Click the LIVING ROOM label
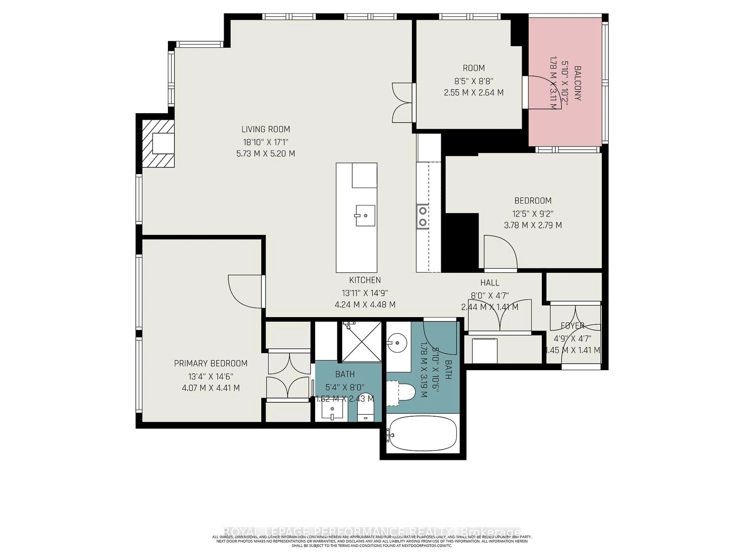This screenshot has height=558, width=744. [265, 129]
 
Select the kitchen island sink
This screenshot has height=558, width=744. [365, 215]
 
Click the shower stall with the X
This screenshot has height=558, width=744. [362, 342]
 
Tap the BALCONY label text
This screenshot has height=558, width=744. [577, 84]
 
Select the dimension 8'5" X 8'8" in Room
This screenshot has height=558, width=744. [474, 81]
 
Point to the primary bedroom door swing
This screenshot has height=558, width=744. [244, 291]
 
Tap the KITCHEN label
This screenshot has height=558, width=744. [365, 280]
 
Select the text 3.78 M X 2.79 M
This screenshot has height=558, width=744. [533, 225]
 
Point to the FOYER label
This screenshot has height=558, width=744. [572, 325]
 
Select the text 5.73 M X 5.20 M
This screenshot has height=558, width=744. [265, 154]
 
